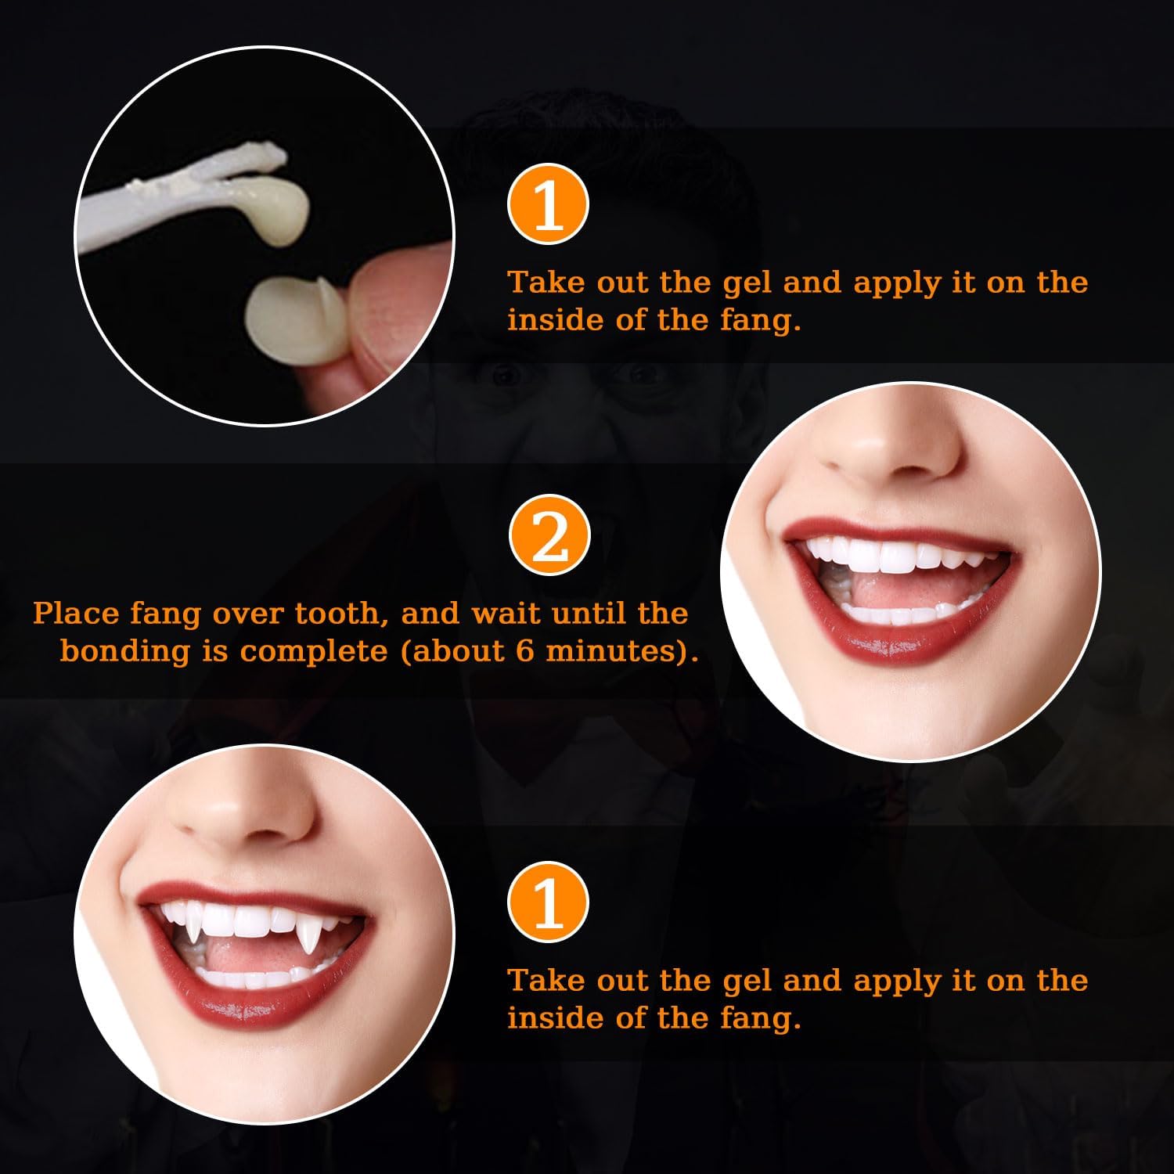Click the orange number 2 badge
[549, 535]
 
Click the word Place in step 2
[77, 613]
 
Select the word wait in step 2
[506, 613]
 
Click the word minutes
[614, 650]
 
